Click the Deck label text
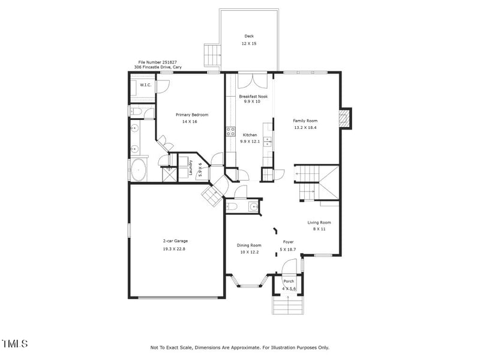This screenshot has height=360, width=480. point(248,36)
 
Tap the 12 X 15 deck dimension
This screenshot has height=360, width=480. point(248,44)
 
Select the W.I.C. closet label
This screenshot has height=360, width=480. point(146,85)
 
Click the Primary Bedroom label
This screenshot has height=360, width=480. point(191,115)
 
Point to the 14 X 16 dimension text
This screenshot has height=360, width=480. point(190,122)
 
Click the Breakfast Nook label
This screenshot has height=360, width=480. point(253,96)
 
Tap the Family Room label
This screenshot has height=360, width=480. point(304,120)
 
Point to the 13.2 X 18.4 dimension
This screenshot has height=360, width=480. point(304,128)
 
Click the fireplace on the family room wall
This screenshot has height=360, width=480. point(344,118)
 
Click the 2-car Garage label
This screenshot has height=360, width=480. point(175,241)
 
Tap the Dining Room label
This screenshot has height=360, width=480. point(249,245)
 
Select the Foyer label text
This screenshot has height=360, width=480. point(287,242)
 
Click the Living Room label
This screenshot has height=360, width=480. point(319,222)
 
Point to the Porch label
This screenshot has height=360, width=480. point(289,281)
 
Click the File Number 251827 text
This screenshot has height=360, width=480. point(157,62)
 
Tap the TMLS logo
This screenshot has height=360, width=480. point(15,344)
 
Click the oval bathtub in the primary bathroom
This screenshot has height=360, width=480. point(139,170)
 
